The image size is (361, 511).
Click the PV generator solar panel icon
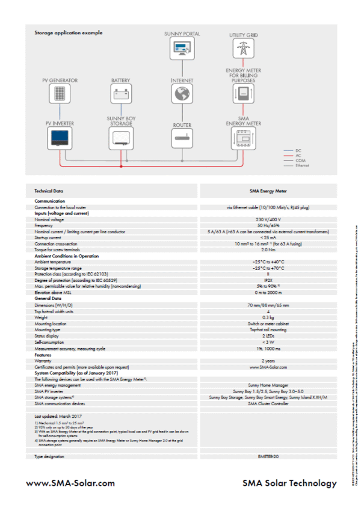pos(60,94)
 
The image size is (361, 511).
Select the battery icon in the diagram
pos(120,94)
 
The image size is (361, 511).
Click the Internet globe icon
pos(182,94)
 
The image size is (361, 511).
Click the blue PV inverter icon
pos(60,138)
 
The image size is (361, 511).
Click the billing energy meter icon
pos(243,94)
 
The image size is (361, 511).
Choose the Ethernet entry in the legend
pos(301,165)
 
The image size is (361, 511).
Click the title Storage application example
pos(68,32)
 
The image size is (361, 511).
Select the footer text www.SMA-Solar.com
pos(70,483)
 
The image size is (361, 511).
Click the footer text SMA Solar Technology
pos(289,483)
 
